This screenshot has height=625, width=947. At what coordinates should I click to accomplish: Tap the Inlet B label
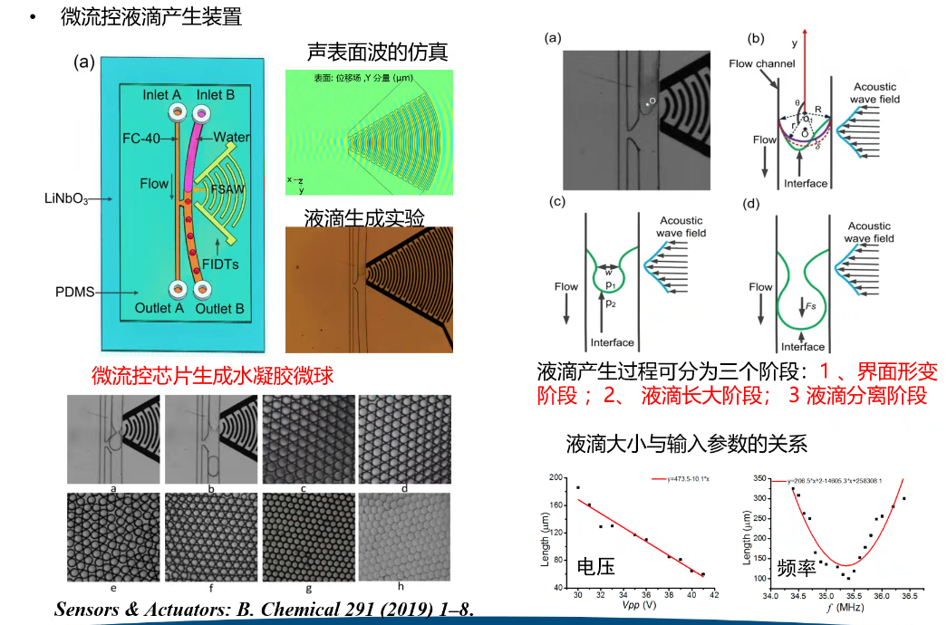216,94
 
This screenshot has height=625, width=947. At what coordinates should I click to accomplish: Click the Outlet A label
159,308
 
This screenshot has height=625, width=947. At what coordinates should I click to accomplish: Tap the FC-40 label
145,138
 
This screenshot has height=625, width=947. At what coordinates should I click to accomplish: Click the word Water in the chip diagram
232,137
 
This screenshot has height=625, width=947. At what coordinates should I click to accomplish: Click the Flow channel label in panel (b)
761,63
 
